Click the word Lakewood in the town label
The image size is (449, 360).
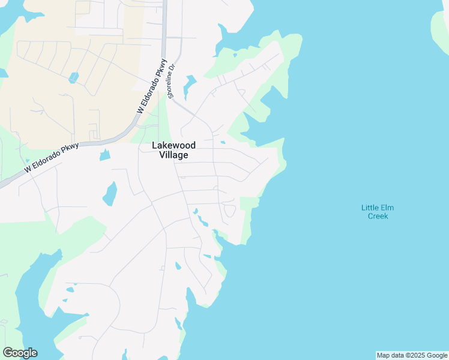coord(173,145)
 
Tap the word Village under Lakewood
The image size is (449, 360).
coord(173,155)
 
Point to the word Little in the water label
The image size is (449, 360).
coord(369,208)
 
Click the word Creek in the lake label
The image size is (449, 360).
coord(378,216)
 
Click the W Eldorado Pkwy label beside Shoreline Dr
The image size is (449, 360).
coord(152,86)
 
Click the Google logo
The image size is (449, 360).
coord(20,353)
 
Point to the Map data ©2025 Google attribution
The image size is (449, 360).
coord(411,355)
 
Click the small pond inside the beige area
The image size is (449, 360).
coord(73,77)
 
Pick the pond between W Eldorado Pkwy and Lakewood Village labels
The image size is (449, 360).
coord(105,155)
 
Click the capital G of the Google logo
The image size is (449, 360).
coord(8,353)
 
